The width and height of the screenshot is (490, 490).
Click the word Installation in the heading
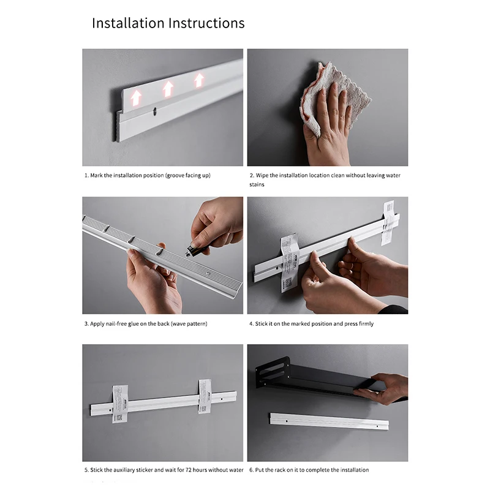[128, 23]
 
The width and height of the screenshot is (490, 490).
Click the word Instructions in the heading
[206, 23]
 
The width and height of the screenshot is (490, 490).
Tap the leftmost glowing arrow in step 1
[135, 97]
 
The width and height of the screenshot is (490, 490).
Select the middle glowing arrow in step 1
[168, 89]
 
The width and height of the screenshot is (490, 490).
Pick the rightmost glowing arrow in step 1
[198, 81]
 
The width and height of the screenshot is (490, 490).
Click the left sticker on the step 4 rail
[289, 263]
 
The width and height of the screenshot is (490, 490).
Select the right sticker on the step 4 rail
[388, 223]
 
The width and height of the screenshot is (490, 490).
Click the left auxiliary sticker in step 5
[119, 404]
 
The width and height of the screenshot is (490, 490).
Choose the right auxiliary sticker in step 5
[205, 396]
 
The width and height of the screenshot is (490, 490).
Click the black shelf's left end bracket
[273, 372]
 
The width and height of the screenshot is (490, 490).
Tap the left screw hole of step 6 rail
[287, 421]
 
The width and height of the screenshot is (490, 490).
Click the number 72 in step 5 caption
[189, 470]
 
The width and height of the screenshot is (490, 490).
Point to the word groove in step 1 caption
[175, 176]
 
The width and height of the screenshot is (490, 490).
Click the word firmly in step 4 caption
[366, 324]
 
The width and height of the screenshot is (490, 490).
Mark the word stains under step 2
[257, 184]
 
